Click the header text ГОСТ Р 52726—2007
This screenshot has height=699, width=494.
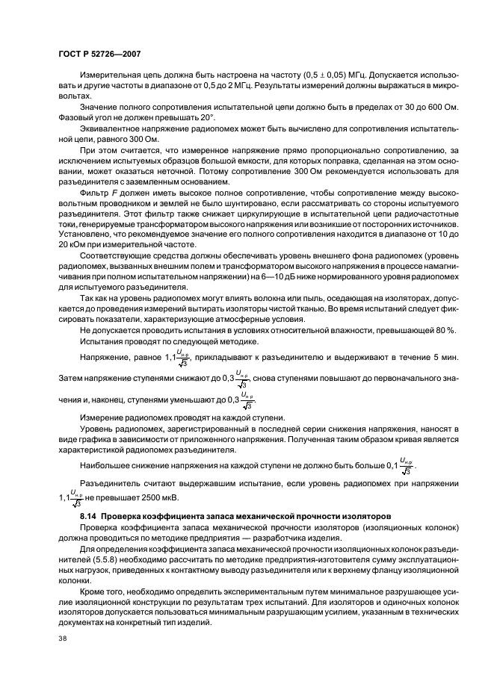[x=100, y=55]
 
